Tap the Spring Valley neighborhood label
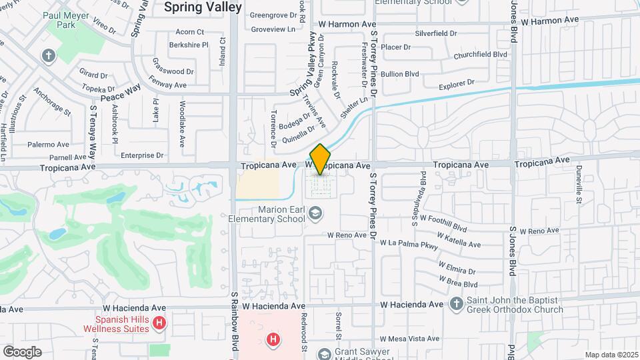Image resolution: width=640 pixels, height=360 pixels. pos(193,7)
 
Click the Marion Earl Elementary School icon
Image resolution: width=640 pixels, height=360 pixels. pos(315,213)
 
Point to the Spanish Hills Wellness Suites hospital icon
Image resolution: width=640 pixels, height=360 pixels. pos(159,324)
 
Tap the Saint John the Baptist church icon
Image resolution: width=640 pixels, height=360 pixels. pos(456,305)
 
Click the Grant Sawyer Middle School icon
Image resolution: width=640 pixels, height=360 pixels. pos(324,353)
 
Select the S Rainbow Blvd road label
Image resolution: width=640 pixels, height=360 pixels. pos(235,323)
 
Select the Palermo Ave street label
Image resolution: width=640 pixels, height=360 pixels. pos(48,144)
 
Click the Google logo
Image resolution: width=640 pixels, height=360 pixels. pos(22,352)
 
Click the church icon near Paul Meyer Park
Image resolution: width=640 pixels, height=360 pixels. pos(49,55)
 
